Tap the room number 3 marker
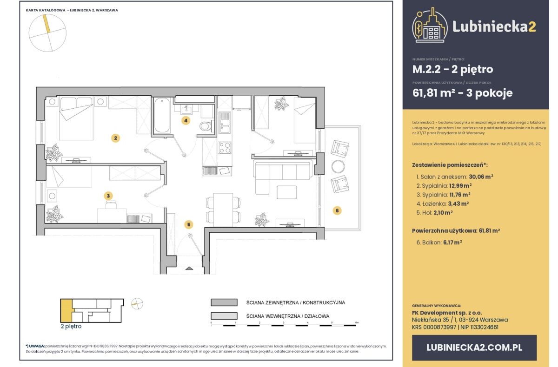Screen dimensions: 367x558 pyautogui.click(x=108, y=196)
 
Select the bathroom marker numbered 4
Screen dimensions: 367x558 pyautogui.click(x=186, y=121)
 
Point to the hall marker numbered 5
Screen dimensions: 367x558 pyautogui.click(x=188, y=225)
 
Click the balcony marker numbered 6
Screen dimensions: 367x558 pyautogui.click(x=338, y=210)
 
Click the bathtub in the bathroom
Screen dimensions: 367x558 pyautogui.click(x=162, y=115)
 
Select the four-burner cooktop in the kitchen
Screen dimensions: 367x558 pyautogui.click(x=225, y=148)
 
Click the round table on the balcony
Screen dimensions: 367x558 pyautogui.click(x=339, y=166)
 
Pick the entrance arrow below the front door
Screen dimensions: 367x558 pyautogui.click(x=189, y=268)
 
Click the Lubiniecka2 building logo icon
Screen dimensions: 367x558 pyautogui.click(x=429, y=26)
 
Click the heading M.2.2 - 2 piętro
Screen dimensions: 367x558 pyautogui.click(x=452, y=70)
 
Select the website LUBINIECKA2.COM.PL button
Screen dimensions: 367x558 pyautogui.click(x=474, y=347)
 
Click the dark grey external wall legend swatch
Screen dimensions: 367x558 pyautogui.click(x=225, y=302)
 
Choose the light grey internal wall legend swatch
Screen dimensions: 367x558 pyautogui.click(x=225, y=316)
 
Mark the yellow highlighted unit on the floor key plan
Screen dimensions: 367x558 pyautogui.click(x=66, y=308)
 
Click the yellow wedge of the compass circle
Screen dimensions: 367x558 pyautogui.click(x=47, y=24)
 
